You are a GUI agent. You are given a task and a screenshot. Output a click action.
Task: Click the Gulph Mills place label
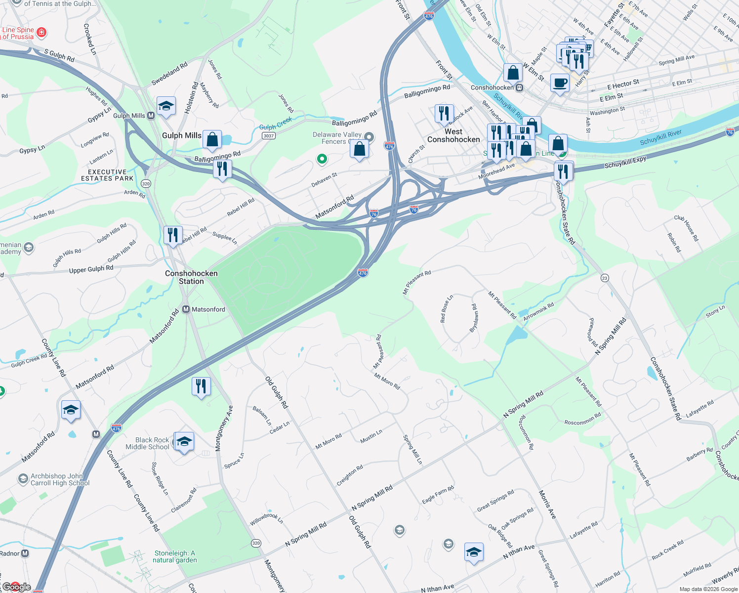(181, 135)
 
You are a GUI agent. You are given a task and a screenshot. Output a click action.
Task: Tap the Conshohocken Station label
(191, 277)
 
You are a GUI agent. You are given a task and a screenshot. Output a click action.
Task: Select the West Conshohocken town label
(453, 135)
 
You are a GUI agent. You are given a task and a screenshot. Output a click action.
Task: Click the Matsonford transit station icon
(186, 309)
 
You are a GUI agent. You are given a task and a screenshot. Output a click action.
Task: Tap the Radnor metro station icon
(25, 553)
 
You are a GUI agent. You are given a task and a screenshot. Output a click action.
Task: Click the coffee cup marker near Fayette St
(560, 83)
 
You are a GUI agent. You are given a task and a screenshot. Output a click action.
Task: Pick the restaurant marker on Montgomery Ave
(201, 386)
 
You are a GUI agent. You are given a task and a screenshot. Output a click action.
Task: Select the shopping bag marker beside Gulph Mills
(212, 139)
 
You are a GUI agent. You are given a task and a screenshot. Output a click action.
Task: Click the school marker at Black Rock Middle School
(184, 441)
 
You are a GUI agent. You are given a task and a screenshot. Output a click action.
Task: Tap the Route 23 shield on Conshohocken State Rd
(605, 278)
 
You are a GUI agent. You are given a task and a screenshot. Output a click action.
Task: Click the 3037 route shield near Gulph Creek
(268, 135)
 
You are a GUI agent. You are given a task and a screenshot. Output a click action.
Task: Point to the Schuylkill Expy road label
(625, 163)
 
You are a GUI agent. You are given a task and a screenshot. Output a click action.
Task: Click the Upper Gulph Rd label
(91, 269)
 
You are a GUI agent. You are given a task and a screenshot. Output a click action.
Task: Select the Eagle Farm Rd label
(438, 495)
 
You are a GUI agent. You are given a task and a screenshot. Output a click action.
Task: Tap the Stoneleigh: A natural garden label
(175, 556)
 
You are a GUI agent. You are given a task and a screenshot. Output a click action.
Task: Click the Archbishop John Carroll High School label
(60, 479)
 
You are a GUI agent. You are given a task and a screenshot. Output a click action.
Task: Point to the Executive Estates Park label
(107, 175)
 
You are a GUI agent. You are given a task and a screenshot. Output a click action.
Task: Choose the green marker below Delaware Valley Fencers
(322, 159)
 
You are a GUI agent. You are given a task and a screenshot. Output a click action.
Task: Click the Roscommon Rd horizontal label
(582, 419)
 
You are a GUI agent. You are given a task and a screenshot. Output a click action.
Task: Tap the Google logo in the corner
(17, 587)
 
